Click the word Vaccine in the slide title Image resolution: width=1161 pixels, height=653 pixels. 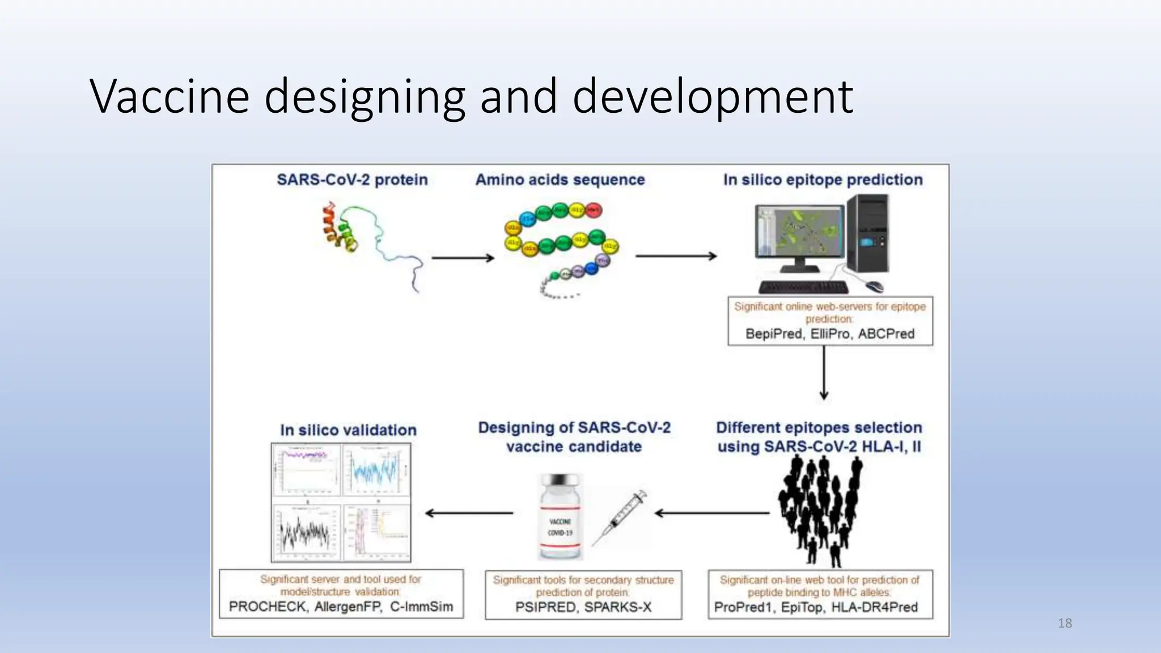point(170,96)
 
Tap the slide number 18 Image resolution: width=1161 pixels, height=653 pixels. point(1065,623)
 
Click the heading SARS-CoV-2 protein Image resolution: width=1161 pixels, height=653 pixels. point(352,180)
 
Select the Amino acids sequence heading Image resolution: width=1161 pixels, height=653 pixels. point(560,180)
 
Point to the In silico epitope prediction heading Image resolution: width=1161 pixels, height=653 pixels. point(823,180)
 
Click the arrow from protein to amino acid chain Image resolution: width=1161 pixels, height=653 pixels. point(463,258)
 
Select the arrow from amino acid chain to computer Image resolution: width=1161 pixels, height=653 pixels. point(676,256)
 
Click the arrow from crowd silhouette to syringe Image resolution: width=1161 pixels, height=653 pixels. point(712,513)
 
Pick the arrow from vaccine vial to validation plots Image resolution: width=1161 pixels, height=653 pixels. point(469,513)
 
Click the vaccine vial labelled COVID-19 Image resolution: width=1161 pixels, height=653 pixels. point(560,517)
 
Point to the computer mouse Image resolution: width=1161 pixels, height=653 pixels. point(874,285)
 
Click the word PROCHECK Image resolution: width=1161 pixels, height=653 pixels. point(268,607)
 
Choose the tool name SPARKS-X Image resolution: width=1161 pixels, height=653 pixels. point(617,607)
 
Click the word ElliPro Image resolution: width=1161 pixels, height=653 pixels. point(830,334)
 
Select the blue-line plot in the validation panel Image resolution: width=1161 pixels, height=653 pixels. point(376,470)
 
